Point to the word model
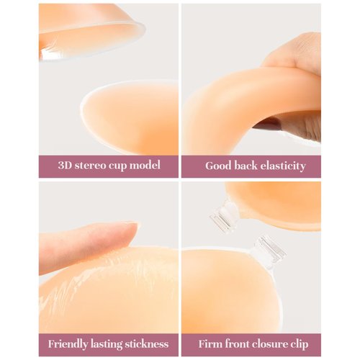152,166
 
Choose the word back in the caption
249,166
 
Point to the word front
238,343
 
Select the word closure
271,343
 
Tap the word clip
304,343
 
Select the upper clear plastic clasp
225,215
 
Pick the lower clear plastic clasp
269,252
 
